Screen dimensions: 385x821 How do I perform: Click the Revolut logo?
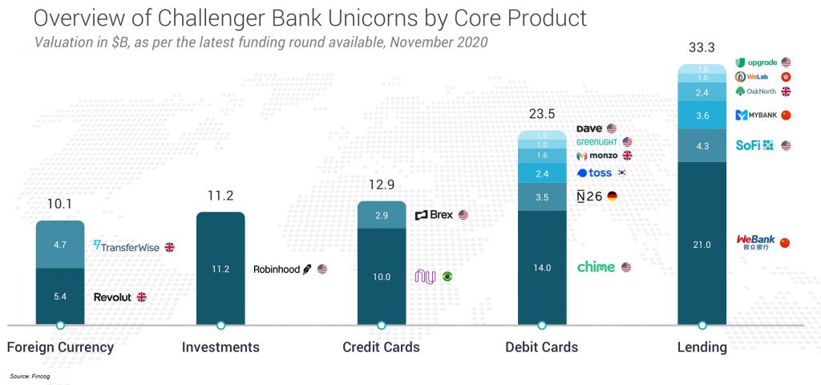(x=112, y=297)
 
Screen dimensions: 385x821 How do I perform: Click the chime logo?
(x=596, y=267)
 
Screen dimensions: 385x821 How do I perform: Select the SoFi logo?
(x=754, y=145)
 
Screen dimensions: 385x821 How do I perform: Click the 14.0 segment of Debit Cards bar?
(x=542, y=268)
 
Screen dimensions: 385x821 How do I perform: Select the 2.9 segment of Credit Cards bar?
(x=382, y=216)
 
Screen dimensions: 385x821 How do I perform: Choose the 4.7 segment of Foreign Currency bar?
(x=60, y=245)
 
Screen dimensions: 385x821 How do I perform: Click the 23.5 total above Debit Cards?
(x=542, y=115)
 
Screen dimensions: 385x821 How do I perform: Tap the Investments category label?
(x=220, y=347)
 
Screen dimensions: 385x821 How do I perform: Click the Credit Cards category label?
(x=381, y=347)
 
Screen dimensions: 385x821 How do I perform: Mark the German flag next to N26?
(x=613, y=196)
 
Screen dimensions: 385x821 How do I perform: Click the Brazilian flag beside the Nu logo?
(x=447, y=277)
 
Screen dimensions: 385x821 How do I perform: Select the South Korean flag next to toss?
(x=620, y=172)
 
